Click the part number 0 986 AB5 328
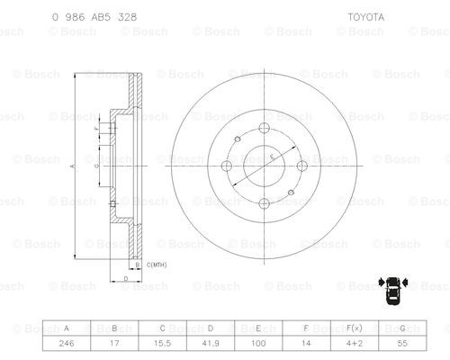[x=94, y=17]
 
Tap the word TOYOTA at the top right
[x=365, y=17]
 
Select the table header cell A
[x=67, y=328]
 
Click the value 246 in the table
[x=67, y=343]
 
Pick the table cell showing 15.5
[x=162, y=343]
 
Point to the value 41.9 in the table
[x=211, y=343]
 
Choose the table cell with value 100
[x=258, y=343]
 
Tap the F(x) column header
[x=355, y=328]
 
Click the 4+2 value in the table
[x=355, y=343]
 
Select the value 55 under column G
[x=402, y=343]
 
